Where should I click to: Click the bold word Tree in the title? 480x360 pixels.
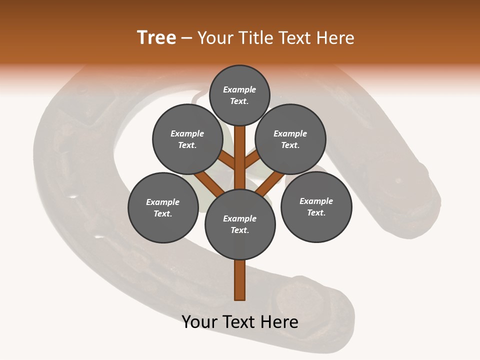156,38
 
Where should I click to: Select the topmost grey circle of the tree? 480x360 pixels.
239,95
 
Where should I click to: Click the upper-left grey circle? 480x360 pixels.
187,139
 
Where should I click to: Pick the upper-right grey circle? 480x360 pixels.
290,139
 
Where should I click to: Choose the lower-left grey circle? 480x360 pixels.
163,207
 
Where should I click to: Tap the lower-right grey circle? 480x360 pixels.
316,206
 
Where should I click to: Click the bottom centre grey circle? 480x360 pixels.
240,224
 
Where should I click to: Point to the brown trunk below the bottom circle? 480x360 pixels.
240,280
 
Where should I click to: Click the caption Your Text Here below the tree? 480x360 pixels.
240,322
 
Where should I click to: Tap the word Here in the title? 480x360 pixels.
336,38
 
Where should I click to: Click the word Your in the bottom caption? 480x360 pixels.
200,322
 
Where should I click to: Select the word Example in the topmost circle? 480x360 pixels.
239,89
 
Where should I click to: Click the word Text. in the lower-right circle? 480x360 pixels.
316,212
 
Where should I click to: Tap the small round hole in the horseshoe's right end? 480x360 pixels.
398,180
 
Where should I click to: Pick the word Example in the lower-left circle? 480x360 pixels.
163,202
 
